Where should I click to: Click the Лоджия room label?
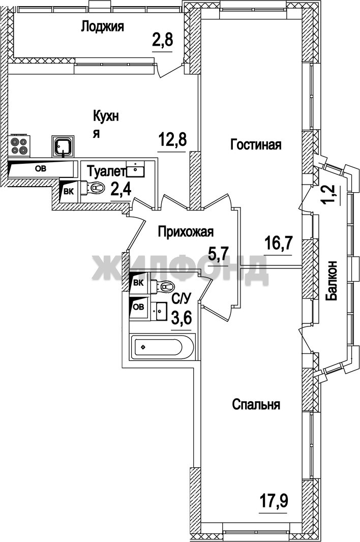[102, 27]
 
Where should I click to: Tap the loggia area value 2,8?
[162, 41]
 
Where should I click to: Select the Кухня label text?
[106, 124]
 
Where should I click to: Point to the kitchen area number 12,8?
[172, 140]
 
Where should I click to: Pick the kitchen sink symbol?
[62, 145]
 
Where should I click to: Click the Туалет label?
[105, 171]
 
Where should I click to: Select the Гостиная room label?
[256, 144]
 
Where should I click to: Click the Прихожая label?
[186, 232]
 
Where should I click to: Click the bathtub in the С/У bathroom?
[162, 347]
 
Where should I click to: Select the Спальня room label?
[256, 404]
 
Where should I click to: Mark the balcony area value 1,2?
[331, 195]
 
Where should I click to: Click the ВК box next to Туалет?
[69, 192]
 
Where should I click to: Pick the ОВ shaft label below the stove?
[41, 169]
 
